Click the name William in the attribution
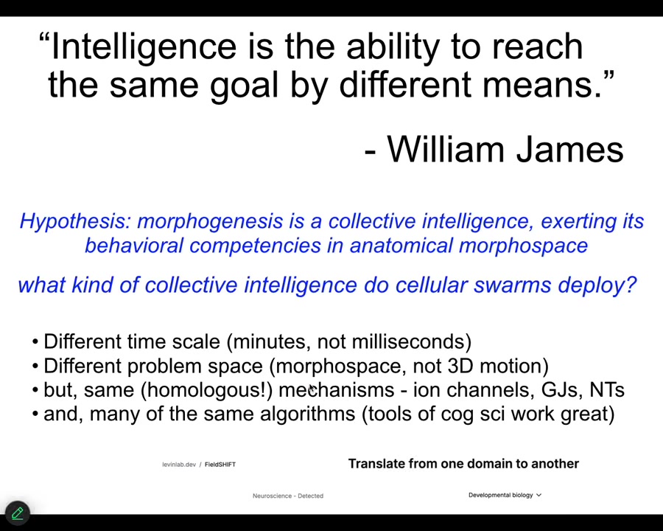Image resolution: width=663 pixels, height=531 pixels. coord(446,149)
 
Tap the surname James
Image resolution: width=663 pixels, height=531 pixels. coord(570,149)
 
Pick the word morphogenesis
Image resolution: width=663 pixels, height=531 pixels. coord(210,221)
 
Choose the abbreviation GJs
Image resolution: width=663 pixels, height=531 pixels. coord(556,390)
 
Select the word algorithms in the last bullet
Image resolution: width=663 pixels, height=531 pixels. coord(307,414)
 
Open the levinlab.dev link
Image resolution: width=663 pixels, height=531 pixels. coord(179,465)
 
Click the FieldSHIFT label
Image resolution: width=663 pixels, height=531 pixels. coord(220,465)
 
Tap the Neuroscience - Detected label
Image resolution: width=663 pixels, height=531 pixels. coord(288,496)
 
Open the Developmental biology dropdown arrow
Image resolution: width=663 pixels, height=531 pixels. coord(539,495)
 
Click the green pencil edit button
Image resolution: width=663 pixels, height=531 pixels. coord(18,513)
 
